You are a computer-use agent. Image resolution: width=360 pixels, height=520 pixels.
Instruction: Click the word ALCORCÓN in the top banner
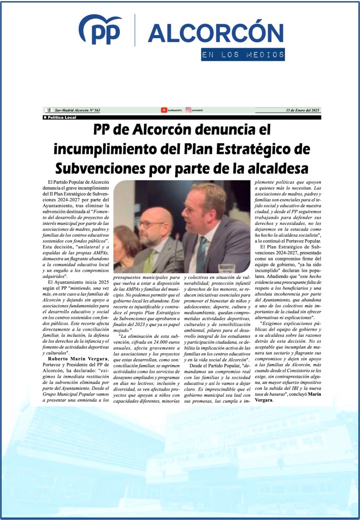coord(215,32)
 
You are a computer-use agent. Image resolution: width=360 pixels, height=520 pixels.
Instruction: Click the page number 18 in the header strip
coord(48,110)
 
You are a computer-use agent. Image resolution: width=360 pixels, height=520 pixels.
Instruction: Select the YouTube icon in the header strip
coord(164,110)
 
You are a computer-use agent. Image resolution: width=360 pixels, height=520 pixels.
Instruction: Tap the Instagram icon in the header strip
coord(188,110)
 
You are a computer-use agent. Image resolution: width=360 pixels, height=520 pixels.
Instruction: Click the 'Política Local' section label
coord(60,117)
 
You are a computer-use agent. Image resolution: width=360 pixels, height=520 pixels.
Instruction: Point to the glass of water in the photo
coord(226,269)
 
